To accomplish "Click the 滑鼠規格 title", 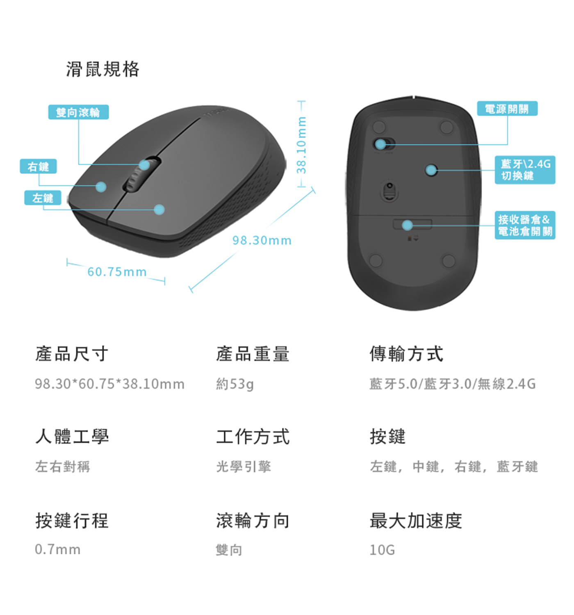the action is (x=102, y=69).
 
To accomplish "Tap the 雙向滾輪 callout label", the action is (x=78, y=112).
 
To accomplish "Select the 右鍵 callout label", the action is (x=39, y=166).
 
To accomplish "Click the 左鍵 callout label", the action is (x=43, y=198).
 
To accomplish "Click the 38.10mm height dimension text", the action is (x=301, y=145).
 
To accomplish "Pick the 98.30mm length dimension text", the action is (x=262, y=240).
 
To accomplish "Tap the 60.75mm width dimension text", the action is (x=117, y=271).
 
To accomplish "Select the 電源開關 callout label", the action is (x=507, y=109).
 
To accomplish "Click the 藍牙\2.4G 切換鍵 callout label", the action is (x=525, y=170).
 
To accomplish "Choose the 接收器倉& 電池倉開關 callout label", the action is (x=525, y=225).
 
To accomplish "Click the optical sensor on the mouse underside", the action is (x=389, y=191).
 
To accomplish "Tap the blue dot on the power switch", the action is (x=380, y=144).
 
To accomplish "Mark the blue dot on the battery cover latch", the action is (x=407, y=225).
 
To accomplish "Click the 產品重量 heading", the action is (x=253, y=354).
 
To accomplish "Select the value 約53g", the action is (x=235, y=384).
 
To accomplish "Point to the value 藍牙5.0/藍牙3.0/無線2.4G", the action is (x=453, y=384).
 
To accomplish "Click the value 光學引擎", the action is (x=244, y=466).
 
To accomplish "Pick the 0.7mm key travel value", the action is (x=58, y=550).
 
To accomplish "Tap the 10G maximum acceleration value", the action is (x=382, y=550).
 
